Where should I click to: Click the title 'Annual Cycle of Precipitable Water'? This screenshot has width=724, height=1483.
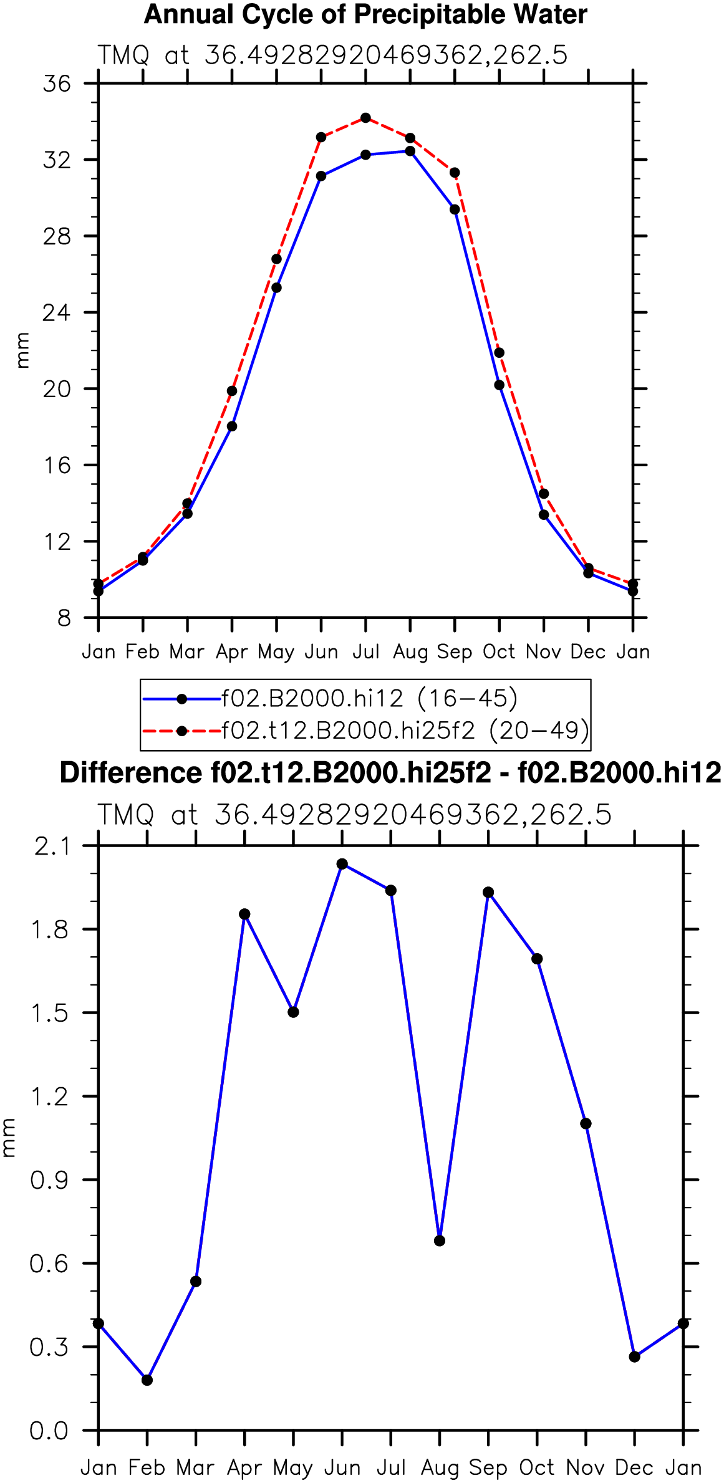[365, 15]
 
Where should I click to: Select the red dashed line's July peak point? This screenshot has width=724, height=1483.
[365, 118]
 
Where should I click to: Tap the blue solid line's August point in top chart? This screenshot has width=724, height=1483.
[410, 151]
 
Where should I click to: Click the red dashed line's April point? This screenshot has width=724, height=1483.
[232, 391]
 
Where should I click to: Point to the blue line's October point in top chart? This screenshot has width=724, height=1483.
[499, 385]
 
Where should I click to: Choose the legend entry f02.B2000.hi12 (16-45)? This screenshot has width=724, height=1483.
[331, 699]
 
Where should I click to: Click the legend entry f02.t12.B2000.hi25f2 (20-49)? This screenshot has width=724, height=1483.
[366, 730]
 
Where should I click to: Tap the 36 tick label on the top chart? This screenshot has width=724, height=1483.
[57, 84]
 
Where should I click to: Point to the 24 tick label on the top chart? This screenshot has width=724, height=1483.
[57, 312]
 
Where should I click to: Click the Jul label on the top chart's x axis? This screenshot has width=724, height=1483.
[365, 652]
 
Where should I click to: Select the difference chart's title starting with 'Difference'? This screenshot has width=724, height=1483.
[390, 773]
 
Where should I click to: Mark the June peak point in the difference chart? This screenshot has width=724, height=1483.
[342, 864]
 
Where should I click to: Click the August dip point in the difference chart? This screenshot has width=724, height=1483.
[440, 1241]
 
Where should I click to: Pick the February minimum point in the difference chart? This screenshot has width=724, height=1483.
[147, 1380]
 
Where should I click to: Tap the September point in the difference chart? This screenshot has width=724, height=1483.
[488, 893]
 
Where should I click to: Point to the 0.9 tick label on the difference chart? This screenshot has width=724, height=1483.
[49, 1180]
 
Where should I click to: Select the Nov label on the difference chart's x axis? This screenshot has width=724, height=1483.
[586, 1467]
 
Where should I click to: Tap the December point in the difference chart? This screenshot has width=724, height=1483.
[635, 1357]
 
